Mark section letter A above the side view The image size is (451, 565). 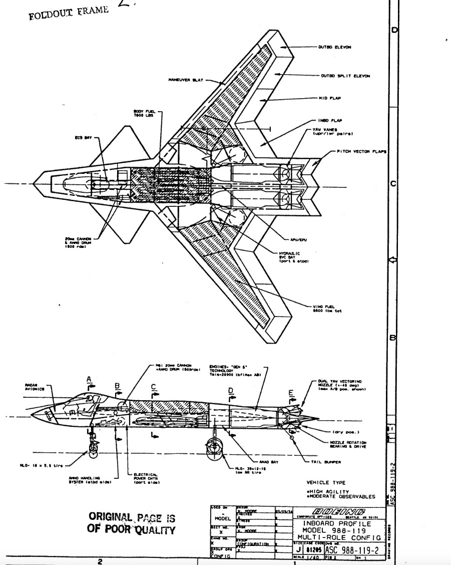pyautogui.click(x=90, y=380)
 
